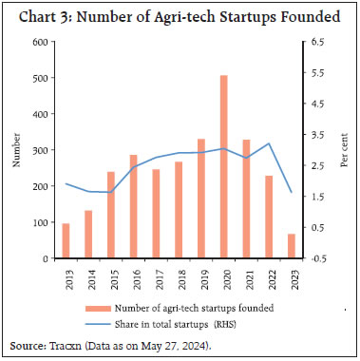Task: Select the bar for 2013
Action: [x=66, y=240]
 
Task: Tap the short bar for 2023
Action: [x=292, y=246]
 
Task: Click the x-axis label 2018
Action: [x=179, y=277]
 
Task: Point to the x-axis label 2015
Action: [x=111, y=277]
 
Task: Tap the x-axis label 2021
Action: [x=246, y=277]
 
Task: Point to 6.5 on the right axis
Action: [x=316, y=43]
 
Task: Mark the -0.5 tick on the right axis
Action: [x=317, y=258]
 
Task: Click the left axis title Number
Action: [x=16, y=150]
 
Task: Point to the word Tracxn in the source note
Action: [x=67, y=347]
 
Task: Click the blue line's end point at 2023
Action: [x=292, y=193]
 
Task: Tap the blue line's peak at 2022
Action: [x=269, y=143]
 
